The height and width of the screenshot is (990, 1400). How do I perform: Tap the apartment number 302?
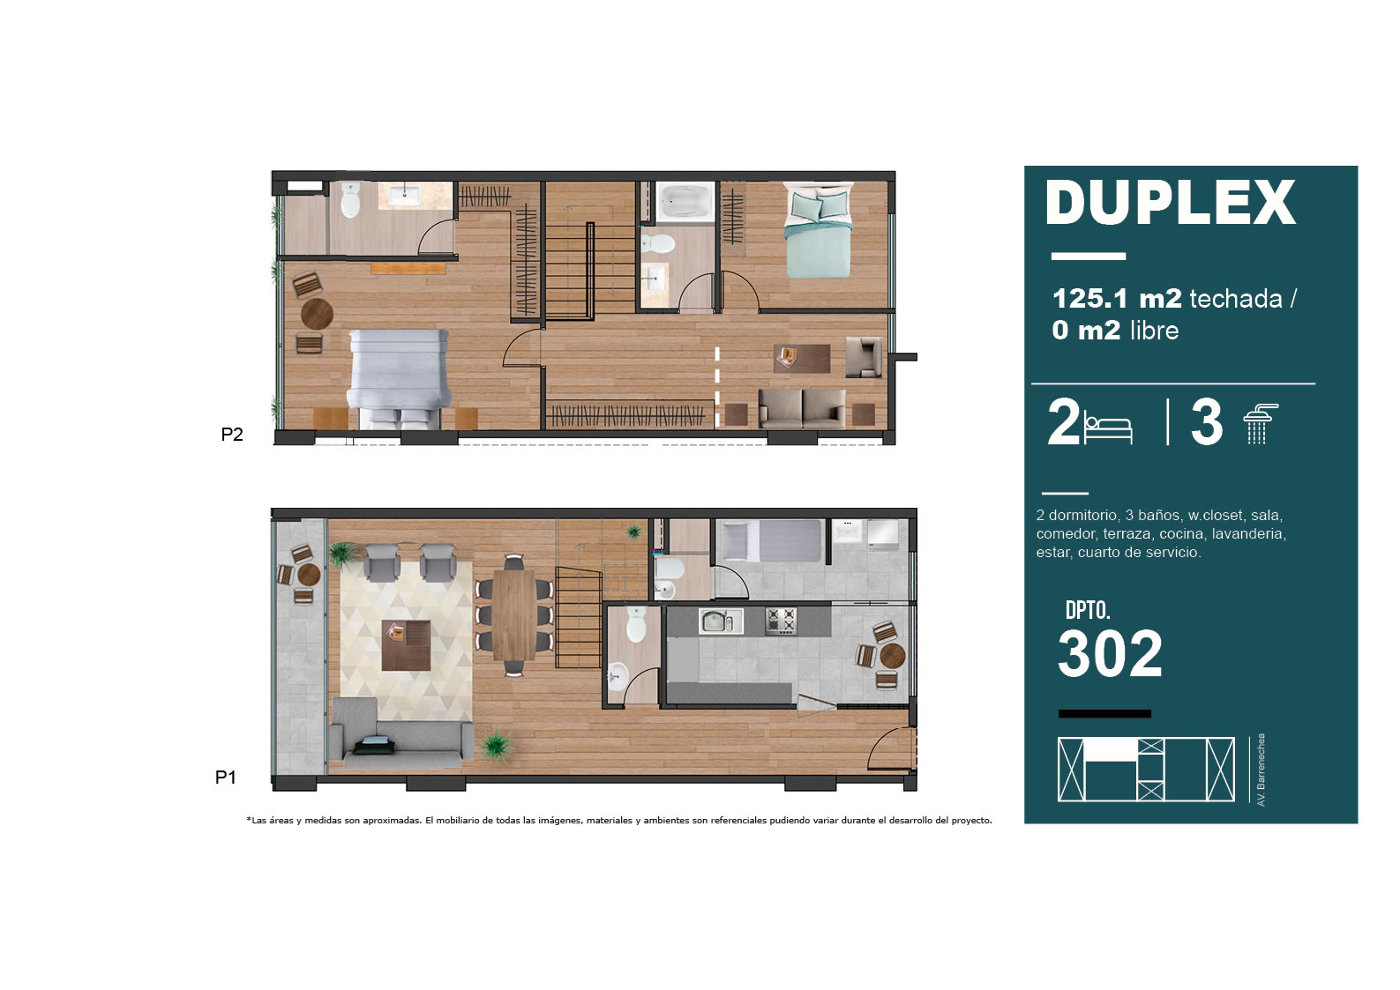(x=1110, y=653)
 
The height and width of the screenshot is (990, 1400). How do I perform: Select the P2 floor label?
(x=232, y=434)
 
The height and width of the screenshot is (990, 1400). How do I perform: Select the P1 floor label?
(x=226, y=777)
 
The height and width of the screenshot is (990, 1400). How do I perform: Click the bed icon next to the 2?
(x=1108, y=428)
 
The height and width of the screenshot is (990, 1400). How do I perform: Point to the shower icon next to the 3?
(x=1260, y=423)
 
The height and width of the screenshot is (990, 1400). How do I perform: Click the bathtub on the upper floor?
(x=685, y=201)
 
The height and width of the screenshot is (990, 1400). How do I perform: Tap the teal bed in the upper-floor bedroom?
(x=818, y=230)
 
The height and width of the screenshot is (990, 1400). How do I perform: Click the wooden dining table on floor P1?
(x=513, y=614)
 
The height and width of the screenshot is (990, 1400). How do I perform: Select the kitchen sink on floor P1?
(x=721, y=622)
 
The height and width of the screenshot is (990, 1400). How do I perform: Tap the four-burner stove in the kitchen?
(x=782, y=622)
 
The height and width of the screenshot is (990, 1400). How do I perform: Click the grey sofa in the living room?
(x=400, y=733)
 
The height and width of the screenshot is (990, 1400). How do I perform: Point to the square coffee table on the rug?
(x=407, y=645)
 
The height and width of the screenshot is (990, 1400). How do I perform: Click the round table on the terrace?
(x=309, y=575)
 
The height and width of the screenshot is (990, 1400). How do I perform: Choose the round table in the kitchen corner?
(x=893, y=656)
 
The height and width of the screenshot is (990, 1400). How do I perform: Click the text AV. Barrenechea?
(x=1261, y=770)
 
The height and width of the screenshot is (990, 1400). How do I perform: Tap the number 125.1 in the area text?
(x=1090, y=299)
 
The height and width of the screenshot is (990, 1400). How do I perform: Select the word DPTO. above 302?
(x=1088, y=610)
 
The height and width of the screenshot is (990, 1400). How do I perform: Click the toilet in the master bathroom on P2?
(x=351, y=199)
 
